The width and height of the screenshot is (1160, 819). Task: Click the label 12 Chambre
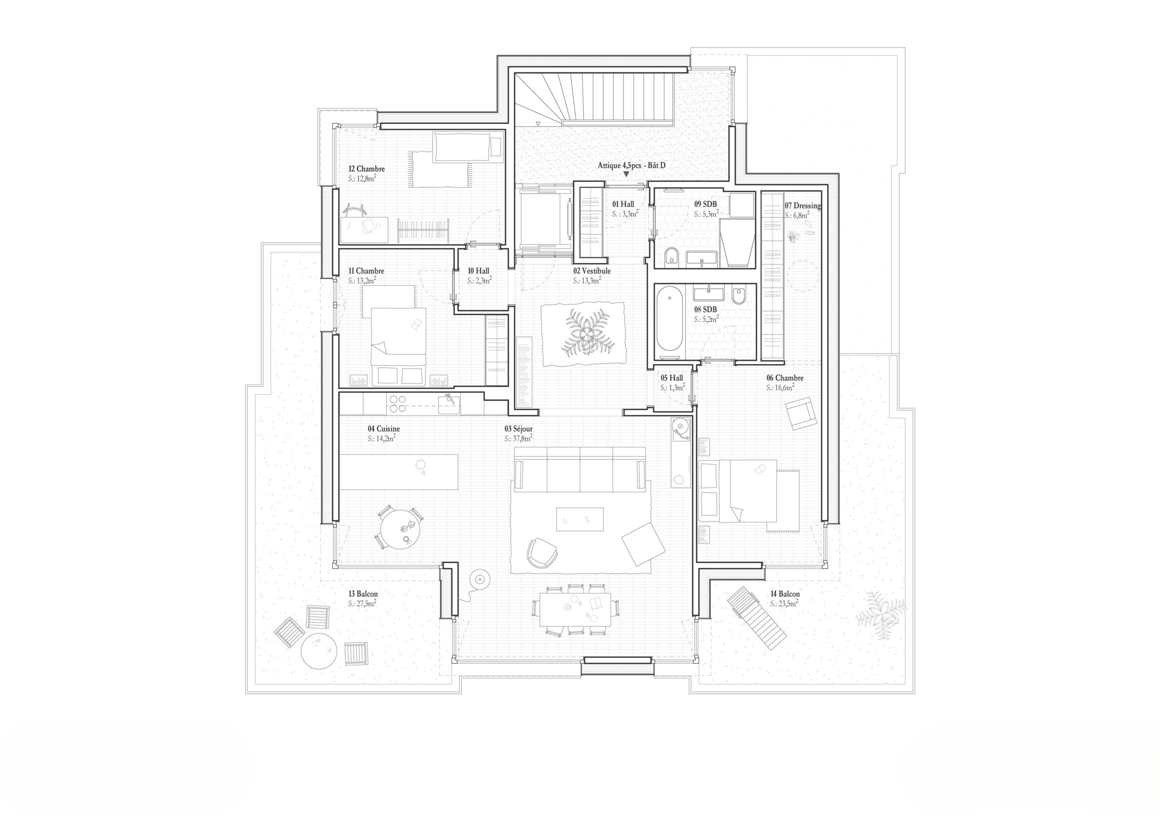[366, 169]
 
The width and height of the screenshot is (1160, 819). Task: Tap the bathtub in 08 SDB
[669, 318]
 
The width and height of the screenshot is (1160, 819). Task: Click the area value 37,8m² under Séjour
[518, 438]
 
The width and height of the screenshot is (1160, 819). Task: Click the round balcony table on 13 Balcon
[319, 651]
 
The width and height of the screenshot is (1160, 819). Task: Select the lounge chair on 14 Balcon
[756, 617]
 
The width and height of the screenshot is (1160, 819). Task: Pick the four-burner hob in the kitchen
[396, 404]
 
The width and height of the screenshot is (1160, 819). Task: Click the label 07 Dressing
[802, 206]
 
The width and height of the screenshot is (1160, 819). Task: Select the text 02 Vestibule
[592, 271]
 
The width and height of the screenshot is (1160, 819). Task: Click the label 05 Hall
[672, 378]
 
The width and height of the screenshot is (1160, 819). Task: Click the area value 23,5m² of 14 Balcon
[784, 603]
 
